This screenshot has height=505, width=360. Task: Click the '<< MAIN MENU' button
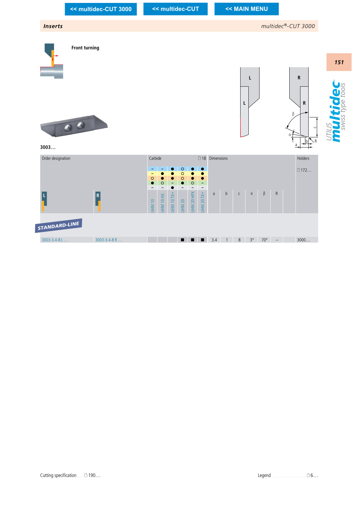click(x=246, y=9)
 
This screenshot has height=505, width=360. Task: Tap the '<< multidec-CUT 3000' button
click(x=100, y=9)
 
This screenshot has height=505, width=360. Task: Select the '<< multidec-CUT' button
click(x=175, y=9)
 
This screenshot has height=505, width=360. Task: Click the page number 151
click(x=339, y=62)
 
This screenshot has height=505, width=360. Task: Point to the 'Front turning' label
click(x=85, y=48)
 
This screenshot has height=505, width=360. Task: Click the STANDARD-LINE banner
click(x=59, y=225)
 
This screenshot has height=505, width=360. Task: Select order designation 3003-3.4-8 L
click(x=55, y=240)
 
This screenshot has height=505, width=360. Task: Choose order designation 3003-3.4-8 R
click(x=109, y=240)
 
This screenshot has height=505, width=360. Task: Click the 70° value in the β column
click(x=264, y=240)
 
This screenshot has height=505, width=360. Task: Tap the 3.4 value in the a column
click(x=214, y=240)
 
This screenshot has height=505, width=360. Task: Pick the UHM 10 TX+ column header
click(x=172, y=202)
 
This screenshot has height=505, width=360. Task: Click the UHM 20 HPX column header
click(x=193, y=202)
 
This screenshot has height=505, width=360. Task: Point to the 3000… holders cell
click(x=303, y=240)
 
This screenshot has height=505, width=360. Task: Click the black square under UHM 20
click(x=183, y=240)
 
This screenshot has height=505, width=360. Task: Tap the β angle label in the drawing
click(x=293, y=114)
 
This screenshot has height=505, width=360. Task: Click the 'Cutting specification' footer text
click(x=58, y=475)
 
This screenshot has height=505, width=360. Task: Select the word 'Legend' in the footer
click(x=264, y=475)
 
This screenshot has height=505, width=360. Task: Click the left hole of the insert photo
click(x=68, y=128)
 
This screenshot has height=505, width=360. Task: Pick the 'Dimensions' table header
click(x=218, y=158)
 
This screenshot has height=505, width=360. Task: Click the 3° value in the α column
click(x=252, y=240)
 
